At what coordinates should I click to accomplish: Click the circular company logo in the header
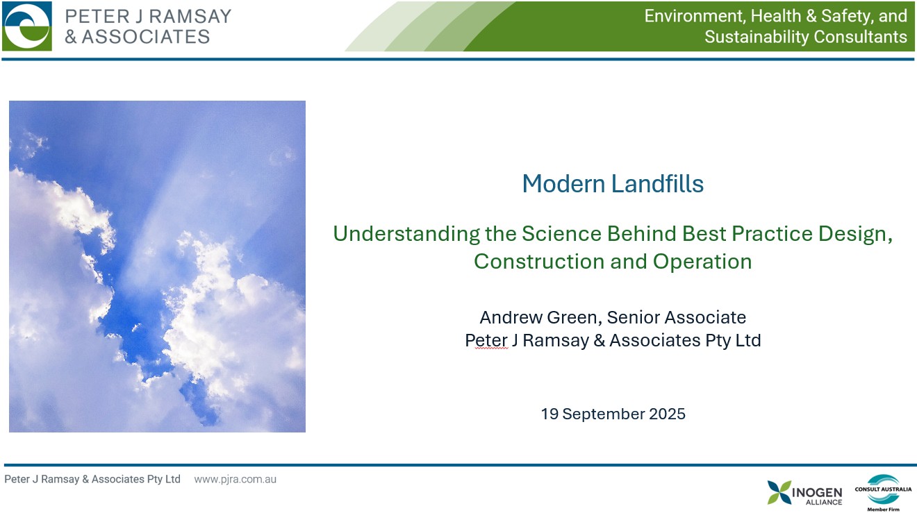point(27,26)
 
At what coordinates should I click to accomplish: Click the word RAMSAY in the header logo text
point(190,17)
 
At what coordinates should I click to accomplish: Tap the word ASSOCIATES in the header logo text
point(146,37)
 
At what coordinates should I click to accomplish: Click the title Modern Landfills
point(613,183)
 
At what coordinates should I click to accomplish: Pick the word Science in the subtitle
point(561,233)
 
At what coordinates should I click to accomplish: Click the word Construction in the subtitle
point(539,262)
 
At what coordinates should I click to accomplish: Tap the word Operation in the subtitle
point(702,262)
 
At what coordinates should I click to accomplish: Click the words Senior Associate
point(677,317)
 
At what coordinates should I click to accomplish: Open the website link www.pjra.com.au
point(235,479)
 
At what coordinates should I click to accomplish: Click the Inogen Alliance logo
point(804,493)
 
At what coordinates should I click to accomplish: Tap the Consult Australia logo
point(883,493)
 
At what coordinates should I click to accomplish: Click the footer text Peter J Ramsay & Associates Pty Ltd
point(92,479)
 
